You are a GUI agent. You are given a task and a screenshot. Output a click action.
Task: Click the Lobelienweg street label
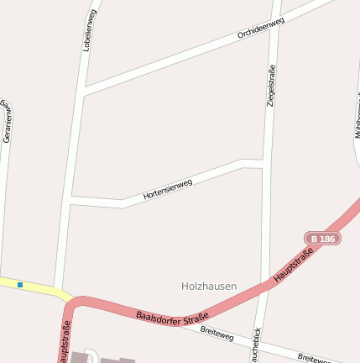tap(90, 30)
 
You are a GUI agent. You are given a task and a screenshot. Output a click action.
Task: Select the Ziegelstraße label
tap(271, 85)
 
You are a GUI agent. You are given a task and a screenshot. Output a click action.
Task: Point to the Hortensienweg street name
tap(168, 189)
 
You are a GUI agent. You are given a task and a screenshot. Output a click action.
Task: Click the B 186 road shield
tap(322, 239)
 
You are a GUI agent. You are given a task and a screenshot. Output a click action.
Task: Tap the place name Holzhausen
tap(209, 286)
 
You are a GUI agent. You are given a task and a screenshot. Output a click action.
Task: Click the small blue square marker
tap(19, 285)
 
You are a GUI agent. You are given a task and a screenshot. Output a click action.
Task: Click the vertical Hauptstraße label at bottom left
tap(64, 341)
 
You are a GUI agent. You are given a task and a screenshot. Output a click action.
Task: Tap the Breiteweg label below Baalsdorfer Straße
tap(218, 334)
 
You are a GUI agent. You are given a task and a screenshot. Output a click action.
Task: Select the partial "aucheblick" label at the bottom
tap(256, 345)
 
